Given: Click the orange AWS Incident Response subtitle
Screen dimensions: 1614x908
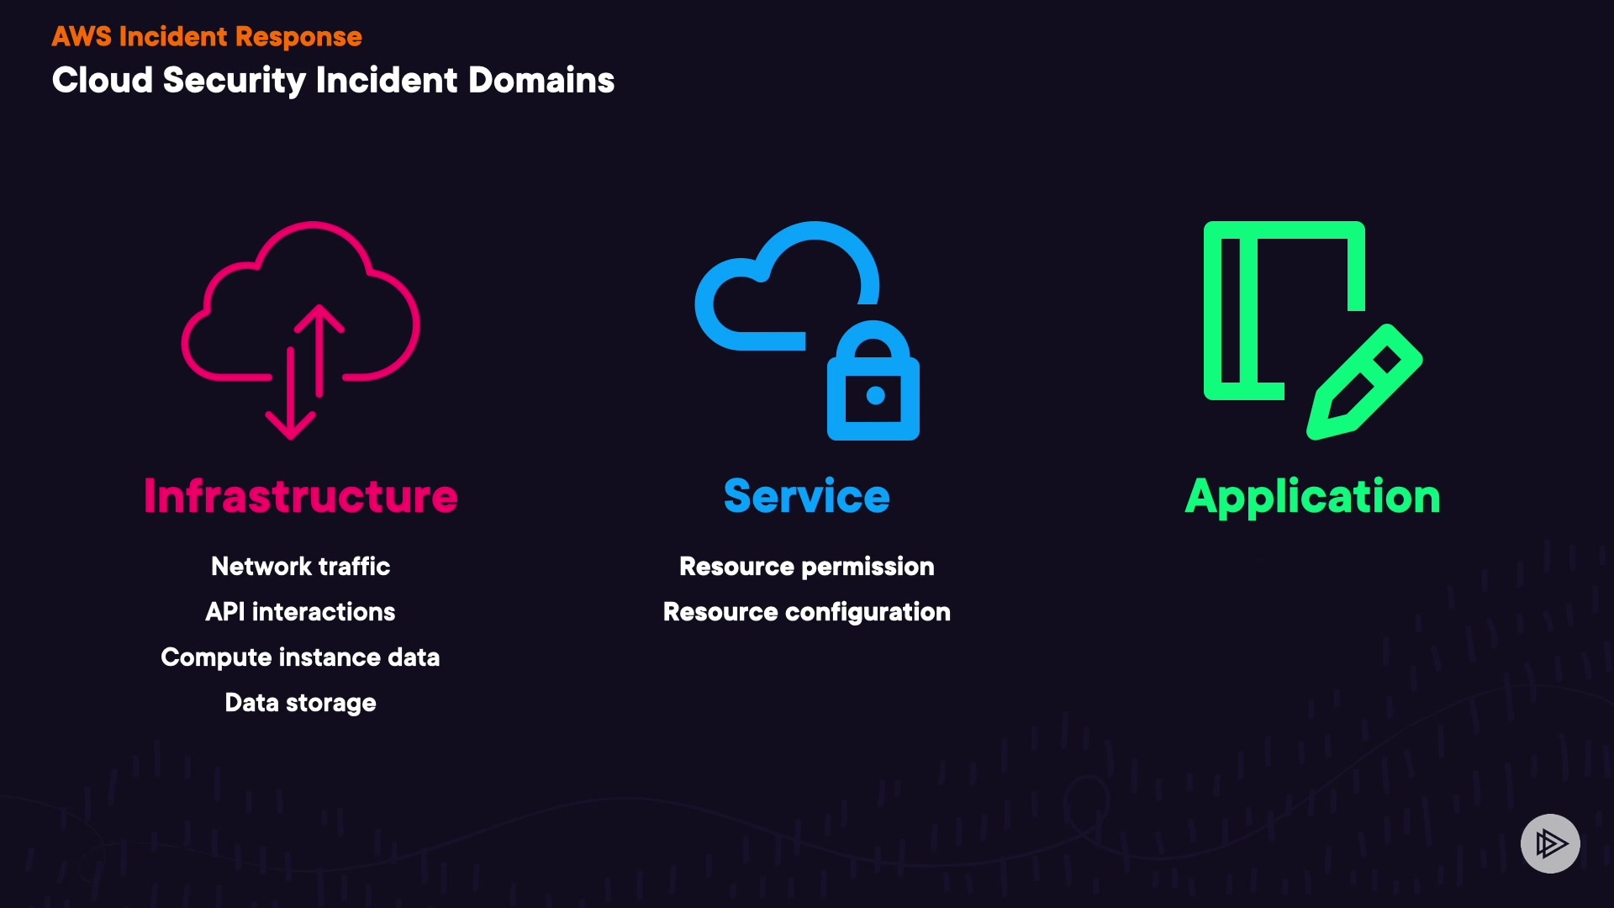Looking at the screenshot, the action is pyautogui.click(x=207, y=37).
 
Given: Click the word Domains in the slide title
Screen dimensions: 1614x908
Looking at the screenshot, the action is pyautogui.click(x=541, y=81).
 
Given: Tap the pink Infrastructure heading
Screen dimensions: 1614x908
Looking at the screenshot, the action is pyautogui.click(x=301, y=496).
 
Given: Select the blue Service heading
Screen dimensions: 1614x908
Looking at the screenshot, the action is pyautogui.click(x=807, y=496).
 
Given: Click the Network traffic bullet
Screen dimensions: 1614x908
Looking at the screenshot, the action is pyautogui.click(x=301, y=567).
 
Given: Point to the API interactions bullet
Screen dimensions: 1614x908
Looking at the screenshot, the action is pyautogui.click(x=301, y=612).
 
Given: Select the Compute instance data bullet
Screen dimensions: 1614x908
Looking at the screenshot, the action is pyautogui.click(x=301, y=657).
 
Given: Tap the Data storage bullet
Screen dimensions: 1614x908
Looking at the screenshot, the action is pyautogui.click(x=301, y=703).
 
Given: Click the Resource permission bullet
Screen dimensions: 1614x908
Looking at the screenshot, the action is pyautogui.click(x=807, y=567).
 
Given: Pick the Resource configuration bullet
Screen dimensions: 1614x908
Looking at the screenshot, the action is pyautogui.click(x=807, y=612).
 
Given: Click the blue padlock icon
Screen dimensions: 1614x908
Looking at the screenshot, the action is pyautogui.click(x=873, y=380).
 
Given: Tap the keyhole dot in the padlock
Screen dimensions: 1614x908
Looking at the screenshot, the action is pyautogui.click(x=875, y=395).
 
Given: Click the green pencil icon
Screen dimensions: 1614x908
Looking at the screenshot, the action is pyautogui.click(x=1364, y=382).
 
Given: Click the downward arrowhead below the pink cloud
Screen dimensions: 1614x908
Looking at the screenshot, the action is pyautogui.click(x=291, y=425).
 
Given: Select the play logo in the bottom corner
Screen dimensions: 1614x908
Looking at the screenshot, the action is pyautogui.click(x=1550, y=843).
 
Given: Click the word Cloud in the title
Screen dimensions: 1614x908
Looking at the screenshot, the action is pyautogui.click(x=103, y=81).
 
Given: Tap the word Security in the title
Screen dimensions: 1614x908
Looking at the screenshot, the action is pyautogui.click(x=235, y=82).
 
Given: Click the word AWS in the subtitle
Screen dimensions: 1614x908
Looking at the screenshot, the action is pyautogui.click(x=82, y=37).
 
